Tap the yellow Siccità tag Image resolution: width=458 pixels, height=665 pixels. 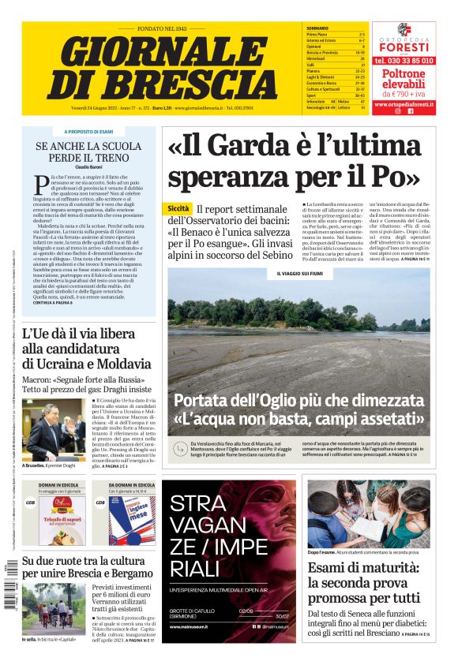pyautogui.click(x=178, y=208)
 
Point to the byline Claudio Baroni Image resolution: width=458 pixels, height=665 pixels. pyautogui.click(x=88, y=167)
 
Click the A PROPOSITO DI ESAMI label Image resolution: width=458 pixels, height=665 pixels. pyautogui.click(x=88, y=132)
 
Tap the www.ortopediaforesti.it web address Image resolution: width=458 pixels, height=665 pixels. pyautogui.click(x=404, y=103)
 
